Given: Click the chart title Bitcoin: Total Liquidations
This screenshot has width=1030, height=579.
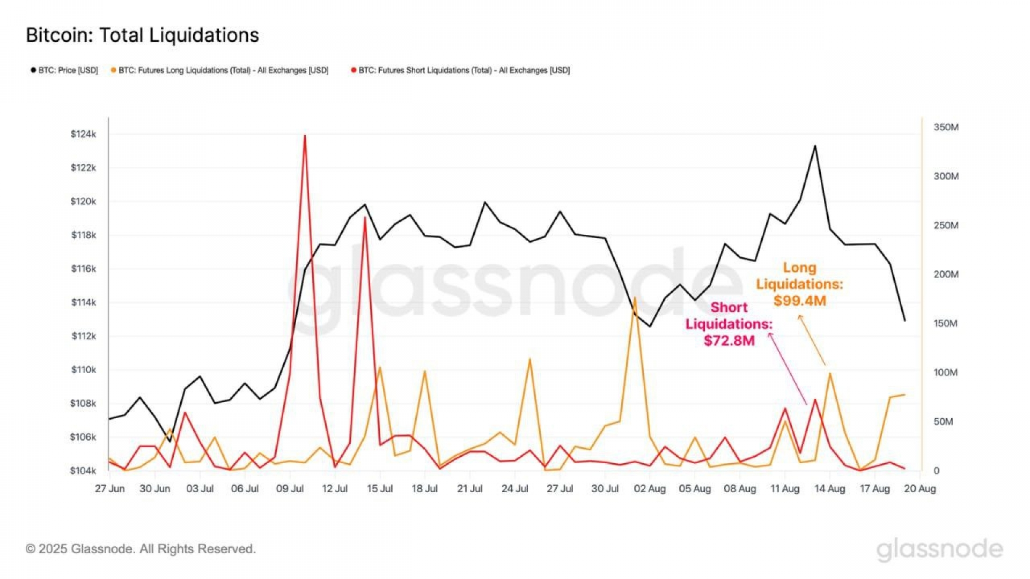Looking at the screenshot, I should click(x=142, y=35).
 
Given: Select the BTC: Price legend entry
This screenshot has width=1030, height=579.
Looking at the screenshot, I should click(x=65, y=70).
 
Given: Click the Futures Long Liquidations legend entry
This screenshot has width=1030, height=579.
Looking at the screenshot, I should click(x=219, y=70).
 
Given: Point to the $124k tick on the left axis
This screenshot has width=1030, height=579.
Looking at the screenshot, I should click(x=83, y=134).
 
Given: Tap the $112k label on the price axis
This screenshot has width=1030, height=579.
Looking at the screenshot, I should click(x=83, y=336).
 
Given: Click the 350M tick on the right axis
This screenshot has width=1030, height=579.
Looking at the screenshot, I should click(x=946, y=127).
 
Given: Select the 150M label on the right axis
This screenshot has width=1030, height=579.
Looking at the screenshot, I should click(x=945, y=323).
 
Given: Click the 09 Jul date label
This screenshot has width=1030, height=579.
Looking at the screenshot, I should click(x=290, y=489).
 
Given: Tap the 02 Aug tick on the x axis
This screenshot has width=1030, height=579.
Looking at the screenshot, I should click(x=650, y=489).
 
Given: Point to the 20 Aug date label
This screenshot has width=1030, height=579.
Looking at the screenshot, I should click(x=919, y=489).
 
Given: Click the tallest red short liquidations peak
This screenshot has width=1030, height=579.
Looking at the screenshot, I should click(x=305, y=136).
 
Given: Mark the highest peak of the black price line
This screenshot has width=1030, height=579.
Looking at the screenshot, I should click(x=815, y=146).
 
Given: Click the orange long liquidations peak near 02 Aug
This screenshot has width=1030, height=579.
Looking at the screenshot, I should click(x=635, y=298).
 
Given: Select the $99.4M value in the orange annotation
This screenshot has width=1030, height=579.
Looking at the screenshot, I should click(x=799, y=301).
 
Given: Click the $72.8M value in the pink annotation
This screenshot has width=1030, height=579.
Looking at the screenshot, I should click(x=729, y=340).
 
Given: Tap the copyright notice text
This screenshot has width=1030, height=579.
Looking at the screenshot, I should click(x=141, y=549).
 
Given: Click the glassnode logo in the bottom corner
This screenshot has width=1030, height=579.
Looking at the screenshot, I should click(x=939, y=550).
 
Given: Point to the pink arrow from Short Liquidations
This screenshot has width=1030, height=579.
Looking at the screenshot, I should click(x=788, y=369).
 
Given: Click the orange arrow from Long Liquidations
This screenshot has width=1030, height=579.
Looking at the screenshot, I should click(x=812, y=340).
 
